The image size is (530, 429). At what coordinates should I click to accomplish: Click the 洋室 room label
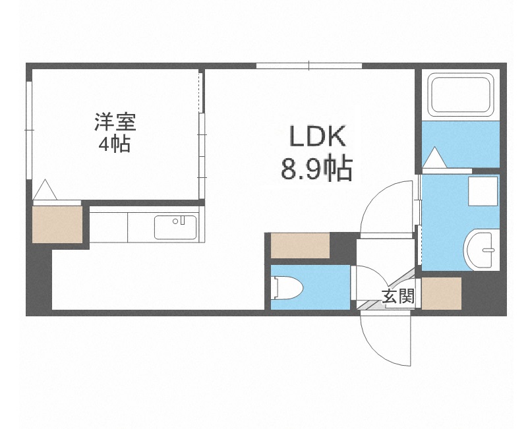coord(115,122)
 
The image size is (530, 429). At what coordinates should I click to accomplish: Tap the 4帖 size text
coord(115,144)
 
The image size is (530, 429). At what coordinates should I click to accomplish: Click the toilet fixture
coord(287,287)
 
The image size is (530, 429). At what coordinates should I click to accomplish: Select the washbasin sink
coord(481,249)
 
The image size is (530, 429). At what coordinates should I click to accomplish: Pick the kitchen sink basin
coord(175,227)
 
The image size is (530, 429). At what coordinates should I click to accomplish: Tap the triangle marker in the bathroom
coord(435,159)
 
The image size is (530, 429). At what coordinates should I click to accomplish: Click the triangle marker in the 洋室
coord(45,190)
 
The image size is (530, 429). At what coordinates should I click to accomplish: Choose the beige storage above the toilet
coord(300,246)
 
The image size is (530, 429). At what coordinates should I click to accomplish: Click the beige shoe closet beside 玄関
coord(441,293)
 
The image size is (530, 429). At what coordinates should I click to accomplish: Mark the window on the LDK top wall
coord(309,65)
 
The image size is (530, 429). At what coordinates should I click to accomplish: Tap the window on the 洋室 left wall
coord(28,129)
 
